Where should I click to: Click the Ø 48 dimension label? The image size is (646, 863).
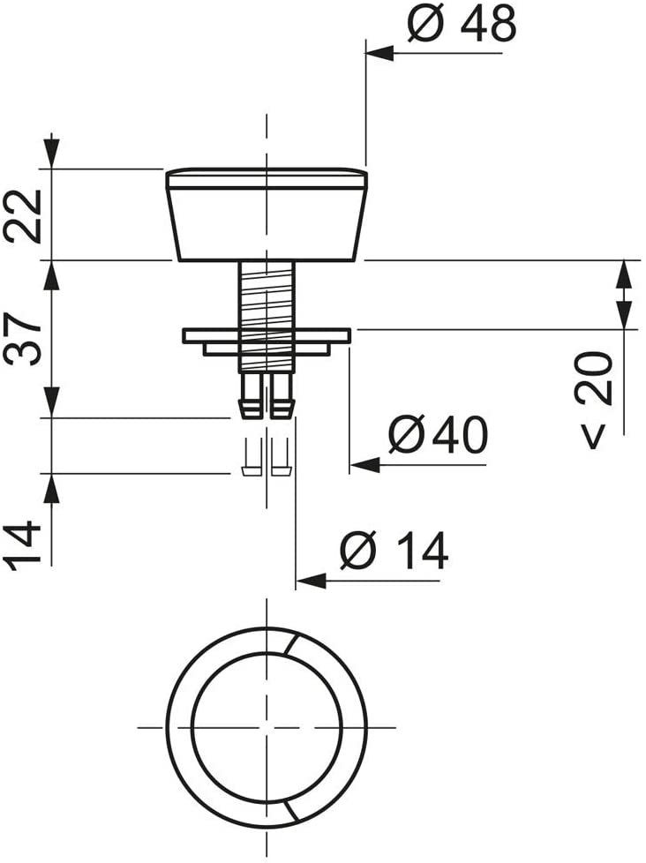[462, 24]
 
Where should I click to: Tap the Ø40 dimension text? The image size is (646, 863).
[438, 434]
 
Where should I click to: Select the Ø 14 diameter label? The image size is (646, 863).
[394, 550]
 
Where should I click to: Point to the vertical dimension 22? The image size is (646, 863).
[23, 215]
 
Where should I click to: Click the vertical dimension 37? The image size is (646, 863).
[23, 339]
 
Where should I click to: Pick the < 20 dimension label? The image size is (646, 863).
[593, 400]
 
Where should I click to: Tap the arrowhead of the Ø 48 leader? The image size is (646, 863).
[380, 54]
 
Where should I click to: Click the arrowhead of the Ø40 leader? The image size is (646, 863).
[364, 465]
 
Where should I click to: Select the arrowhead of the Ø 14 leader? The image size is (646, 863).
[311, 581]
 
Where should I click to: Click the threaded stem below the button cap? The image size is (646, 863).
[267, 317]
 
